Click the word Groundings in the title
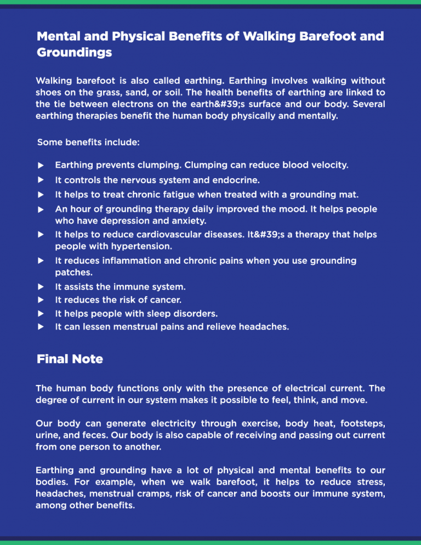pyautogui.click(x=74, y=53)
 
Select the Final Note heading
pyautogui.click(x=70, y=360)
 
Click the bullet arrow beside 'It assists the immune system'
pyautogui.click(x=40, y=287)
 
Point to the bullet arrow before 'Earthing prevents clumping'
pyautogui.click(x=40, y=164)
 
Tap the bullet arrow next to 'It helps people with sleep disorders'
pyautogui.click(x=40, y=314)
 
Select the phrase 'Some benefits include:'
pyautogui.click(x=88, y=143)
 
